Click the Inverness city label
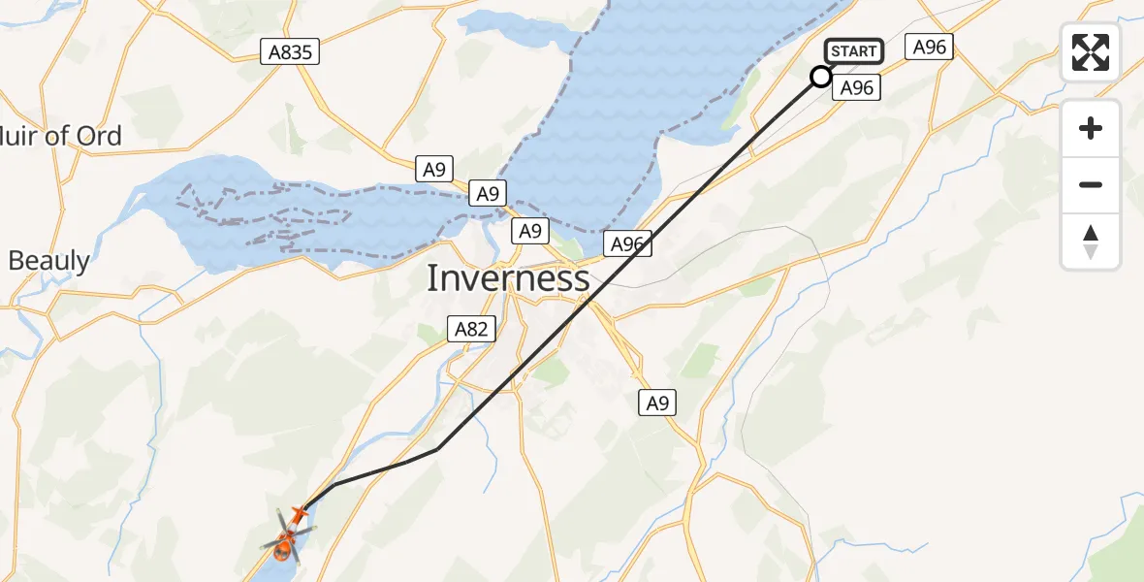click(508, 279)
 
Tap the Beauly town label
click(48, 260)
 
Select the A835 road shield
click(290, 52)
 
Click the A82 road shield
click(471, 330)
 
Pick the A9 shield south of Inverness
click(657, 403)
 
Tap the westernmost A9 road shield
click(434, 170)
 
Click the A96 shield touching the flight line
click(627, 244)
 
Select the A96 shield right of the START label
click(930, 47)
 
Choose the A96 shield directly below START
click(857, 88)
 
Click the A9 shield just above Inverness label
click(528, 231)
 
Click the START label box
click(853, 51)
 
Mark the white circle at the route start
click(821, 77)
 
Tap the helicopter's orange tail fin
click(299, 514)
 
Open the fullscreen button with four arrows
click(1091, 52)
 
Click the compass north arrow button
click(1091, 242)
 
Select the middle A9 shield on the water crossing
click(487, 193)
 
